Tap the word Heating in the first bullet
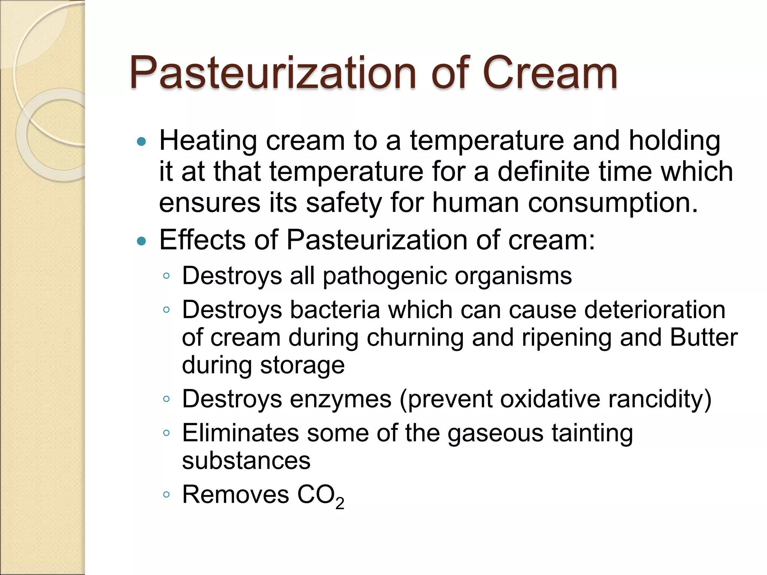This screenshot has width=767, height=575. (x=208, y=141)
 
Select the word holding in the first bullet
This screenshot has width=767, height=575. (x=674, y=141)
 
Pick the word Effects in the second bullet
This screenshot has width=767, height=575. (x=202, y=240)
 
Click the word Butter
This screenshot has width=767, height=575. (x=704, y=337)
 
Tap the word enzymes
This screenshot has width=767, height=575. (x=340, y=399)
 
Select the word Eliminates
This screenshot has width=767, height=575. (x=240, y=433)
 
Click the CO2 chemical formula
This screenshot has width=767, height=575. (x=321, y=495)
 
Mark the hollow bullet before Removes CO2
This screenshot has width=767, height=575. (x=167, y=495)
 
